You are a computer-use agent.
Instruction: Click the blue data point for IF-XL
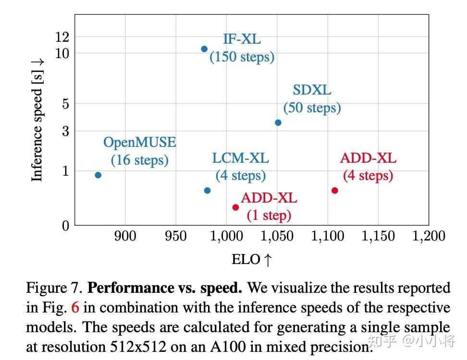pos(204,49)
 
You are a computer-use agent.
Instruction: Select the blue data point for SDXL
pos(278,122)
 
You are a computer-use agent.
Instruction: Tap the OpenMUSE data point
pos(98,175)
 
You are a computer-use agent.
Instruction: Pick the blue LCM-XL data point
pos(207,191)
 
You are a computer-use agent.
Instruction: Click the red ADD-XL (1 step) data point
pos(235,207)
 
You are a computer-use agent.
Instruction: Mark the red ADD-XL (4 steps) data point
pos(335,191)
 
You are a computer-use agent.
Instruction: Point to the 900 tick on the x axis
pos(125,236)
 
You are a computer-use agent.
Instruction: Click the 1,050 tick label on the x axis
pos(277,236)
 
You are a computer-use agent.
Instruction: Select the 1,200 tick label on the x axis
pos(429,236)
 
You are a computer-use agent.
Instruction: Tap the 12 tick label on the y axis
pos(62,37)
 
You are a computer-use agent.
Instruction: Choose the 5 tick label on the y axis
pos(66,104)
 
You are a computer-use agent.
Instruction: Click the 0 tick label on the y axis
pos(66,226)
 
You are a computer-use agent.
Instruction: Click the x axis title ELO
pos(252,260)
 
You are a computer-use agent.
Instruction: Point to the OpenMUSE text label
pos(140,143)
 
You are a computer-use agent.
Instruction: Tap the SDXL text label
pos(312,90)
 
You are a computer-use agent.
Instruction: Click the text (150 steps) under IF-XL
pos(242,57)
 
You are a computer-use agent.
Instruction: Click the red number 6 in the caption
pos(74,308)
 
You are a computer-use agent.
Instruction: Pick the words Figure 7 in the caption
pos(55,288)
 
